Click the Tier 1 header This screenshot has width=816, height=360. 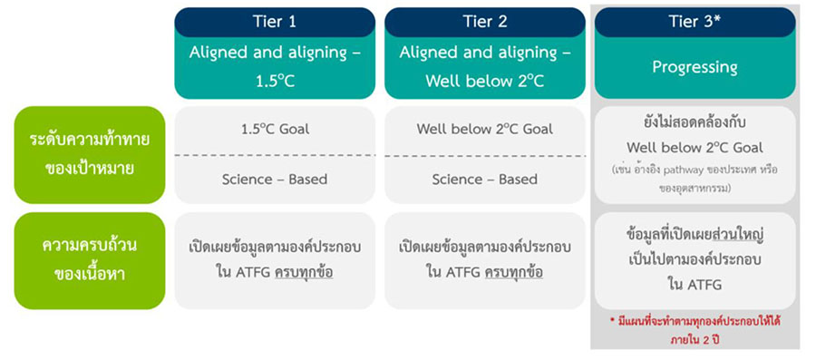[x=274, y=22]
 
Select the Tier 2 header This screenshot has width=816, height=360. [x=484, y=22]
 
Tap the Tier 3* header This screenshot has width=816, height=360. [x=695, y=22]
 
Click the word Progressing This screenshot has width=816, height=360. [x=695, y=67]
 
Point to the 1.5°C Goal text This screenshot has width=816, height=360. [x=274, y=129]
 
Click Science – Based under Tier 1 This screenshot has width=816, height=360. [x=274, y=180]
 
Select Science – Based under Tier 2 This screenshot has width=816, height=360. [x=484, y=180]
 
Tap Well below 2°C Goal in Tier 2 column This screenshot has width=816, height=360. [x=484, y=129]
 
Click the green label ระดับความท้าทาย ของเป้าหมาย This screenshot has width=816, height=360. [x=90, y=154]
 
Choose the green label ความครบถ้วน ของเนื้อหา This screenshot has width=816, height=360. [x=90, y=260]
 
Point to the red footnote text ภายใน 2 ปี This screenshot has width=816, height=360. [x=695, y=341]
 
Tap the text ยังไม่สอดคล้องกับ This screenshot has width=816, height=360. [x=695, y=124]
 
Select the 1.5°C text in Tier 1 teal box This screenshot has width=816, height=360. [x=274, y=83]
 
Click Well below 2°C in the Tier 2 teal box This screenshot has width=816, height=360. [x=484, y=83]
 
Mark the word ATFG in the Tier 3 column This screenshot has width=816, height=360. [x=706, y=285]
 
